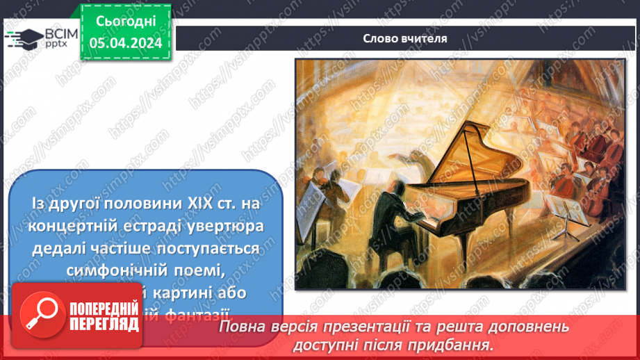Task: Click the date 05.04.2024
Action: pyautogui.click(x=126, y=42)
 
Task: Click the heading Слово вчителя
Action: pyautogui.click(x=405, y=38)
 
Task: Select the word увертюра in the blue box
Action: pyautogui.click(x=222, y=227)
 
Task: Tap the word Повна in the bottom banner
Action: pyautogui.click(x=240, y=326)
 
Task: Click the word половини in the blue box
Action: pyautogui.click(x=126, y=204)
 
